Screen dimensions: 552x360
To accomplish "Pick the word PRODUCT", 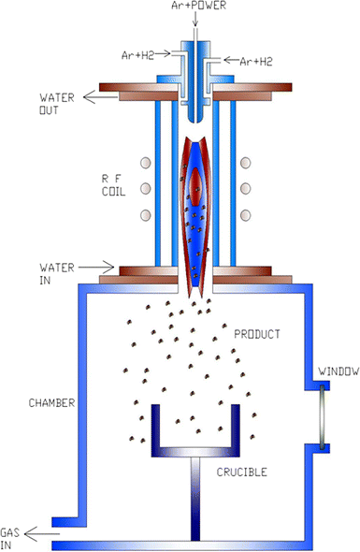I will [x=258, y=333].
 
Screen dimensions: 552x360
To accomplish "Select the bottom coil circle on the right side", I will [x=247, y=216].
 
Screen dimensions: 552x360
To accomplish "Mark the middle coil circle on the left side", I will [x=144, y=191].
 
